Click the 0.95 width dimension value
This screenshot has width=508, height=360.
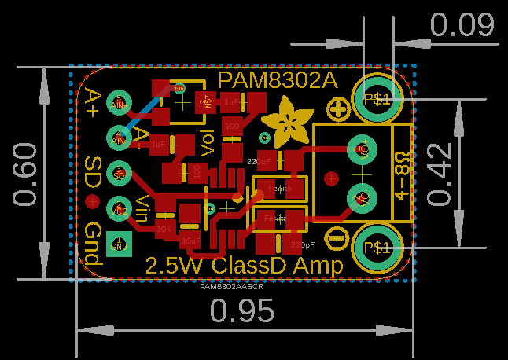pyautogui.click(x=241, y=312)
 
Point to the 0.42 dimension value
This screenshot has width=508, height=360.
pyautogui.click(x=442, y=174)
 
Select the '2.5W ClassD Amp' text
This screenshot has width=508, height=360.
pyautogui.click(x=245, y=266)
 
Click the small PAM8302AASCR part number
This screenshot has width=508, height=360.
pyautogui.click(x=231, y=287)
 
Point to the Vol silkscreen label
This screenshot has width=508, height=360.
pyautogui.click(x=208, y=140)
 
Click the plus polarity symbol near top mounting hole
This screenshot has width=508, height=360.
pyautogui.click(x=339, y=109)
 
